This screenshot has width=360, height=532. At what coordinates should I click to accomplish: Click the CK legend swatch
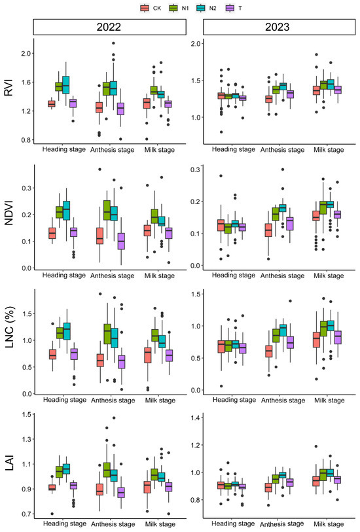click(145, 8)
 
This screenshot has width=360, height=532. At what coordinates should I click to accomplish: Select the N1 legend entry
click(174, 8)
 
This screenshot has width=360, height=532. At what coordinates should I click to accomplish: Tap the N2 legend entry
click(203, 8)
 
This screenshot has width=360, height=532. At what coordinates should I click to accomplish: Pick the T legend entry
click(228, 8)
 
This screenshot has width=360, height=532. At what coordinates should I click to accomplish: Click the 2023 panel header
click(279, 28)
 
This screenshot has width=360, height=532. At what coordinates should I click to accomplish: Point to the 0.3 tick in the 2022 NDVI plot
click(26, 188)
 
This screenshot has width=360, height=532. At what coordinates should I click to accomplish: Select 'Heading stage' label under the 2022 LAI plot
click(67, 523)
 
